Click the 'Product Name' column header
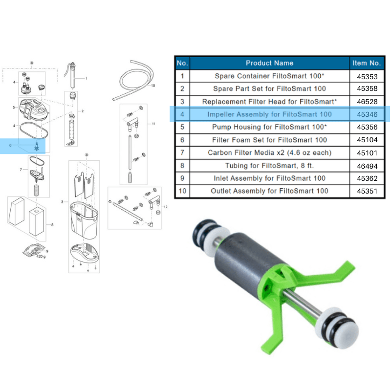pos(269,63)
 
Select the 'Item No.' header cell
pos(366,63)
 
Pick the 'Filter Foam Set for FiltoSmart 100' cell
pos(269,140)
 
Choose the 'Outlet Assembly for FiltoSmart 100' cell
pos(269,191)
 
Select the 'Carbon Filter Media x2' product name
pos(269,153)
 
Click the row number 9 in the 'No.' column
pos(182,178)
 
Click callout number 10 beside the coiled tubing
pos(153,86)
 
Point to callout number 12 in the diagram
pos(166,207)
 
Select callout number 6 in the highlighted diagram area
pos(10,145)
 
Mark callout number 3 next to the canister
pos(62,201)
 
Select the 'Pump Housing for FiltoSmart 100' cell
pos(269,127)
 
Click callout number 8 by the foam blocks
pos(52,225)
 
